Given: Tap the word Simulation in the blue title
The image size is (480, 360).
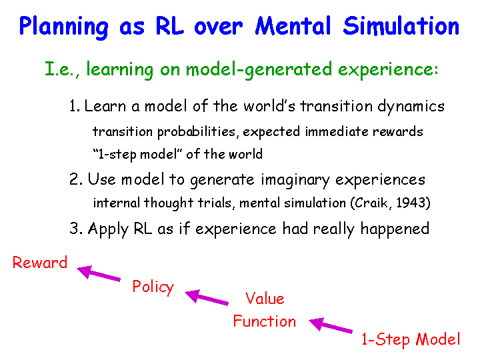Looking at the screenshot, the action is [401, 26].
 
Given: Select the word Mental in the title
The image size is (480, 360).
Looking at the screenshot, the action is [293, 26].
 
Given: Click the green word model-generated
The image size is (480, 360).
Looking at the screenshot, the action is [259, 70].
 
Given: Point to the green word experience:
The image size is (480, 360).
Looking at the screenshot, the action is [388, 70].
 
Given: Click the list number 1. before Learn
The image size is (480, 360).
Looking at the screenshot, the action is [75, 106].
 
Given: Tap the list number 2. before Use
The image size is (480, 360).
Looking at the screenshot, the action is [76, 179].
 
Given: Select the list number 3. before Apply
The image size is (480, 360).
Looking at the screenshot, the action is [76, 229].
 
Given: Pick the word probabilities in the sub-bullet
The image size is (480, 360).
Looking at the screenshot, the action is [196, 132].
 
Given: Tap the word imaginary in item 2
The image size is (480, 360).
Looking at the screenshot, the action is [295, 180].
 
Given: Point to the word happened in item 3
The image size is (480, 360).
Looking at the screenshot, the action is [395, 229].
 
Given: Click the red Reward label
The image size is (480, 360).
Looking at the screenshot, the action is [40, 263].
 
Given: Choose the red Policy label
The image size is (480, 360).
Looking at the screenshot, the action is [153, 287].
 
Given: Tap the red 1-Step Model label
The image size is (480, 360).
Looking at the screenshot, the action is [411, 340].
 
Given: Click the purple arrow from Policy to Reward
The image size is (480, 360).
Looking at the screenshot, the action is [99, 273].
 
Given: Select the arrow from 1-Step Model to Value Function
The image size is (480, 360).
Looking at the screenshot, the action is [331, 325].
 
